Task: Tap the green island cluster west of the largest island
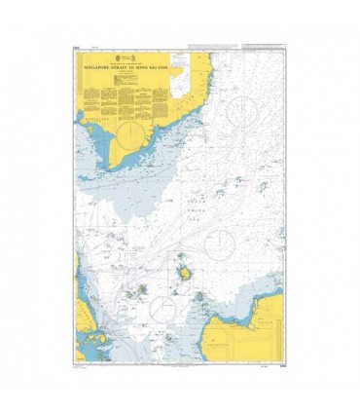[x=145, y=289]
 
